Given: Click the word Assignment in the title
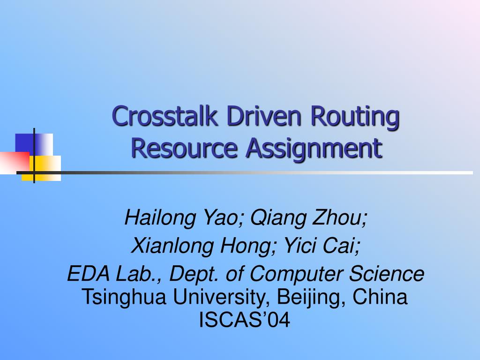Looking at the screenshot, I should [x=314, y=149].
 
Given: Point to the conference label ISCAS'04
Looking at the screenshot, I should [x=245, y=320].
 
